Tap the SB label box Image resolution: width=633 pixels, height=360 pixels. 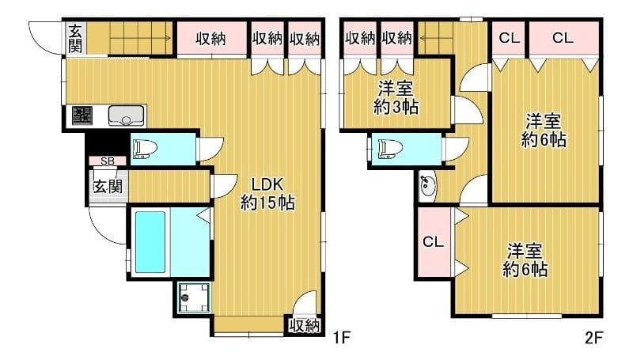pos(108,161)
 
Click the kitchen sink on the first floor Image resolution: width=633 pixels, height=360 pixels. pos(125,117)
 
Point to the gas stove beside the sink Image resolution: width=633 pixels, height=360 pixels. pos(81,116)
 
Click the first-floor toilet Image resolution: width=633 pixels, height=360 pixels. pos(147,149)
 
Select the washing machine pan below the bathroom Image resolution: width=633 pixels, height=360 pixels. pos(194,298)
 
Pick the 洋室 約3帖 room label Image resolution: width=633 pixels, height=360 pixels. pos(398,98)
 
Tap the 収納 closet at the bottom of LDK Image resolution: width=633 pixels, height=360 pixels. pos(304,325)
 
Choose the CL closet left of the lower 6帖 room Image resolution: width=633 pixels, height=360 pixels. pos(432,241)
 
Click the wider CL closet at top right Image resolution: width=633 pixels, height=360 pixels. pos(563,37)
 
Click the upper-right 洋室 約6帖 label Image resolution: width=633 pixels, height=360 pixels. pos(544,131)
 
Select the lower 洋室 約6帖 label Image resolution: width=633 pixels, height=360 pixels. pos(525,260)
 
